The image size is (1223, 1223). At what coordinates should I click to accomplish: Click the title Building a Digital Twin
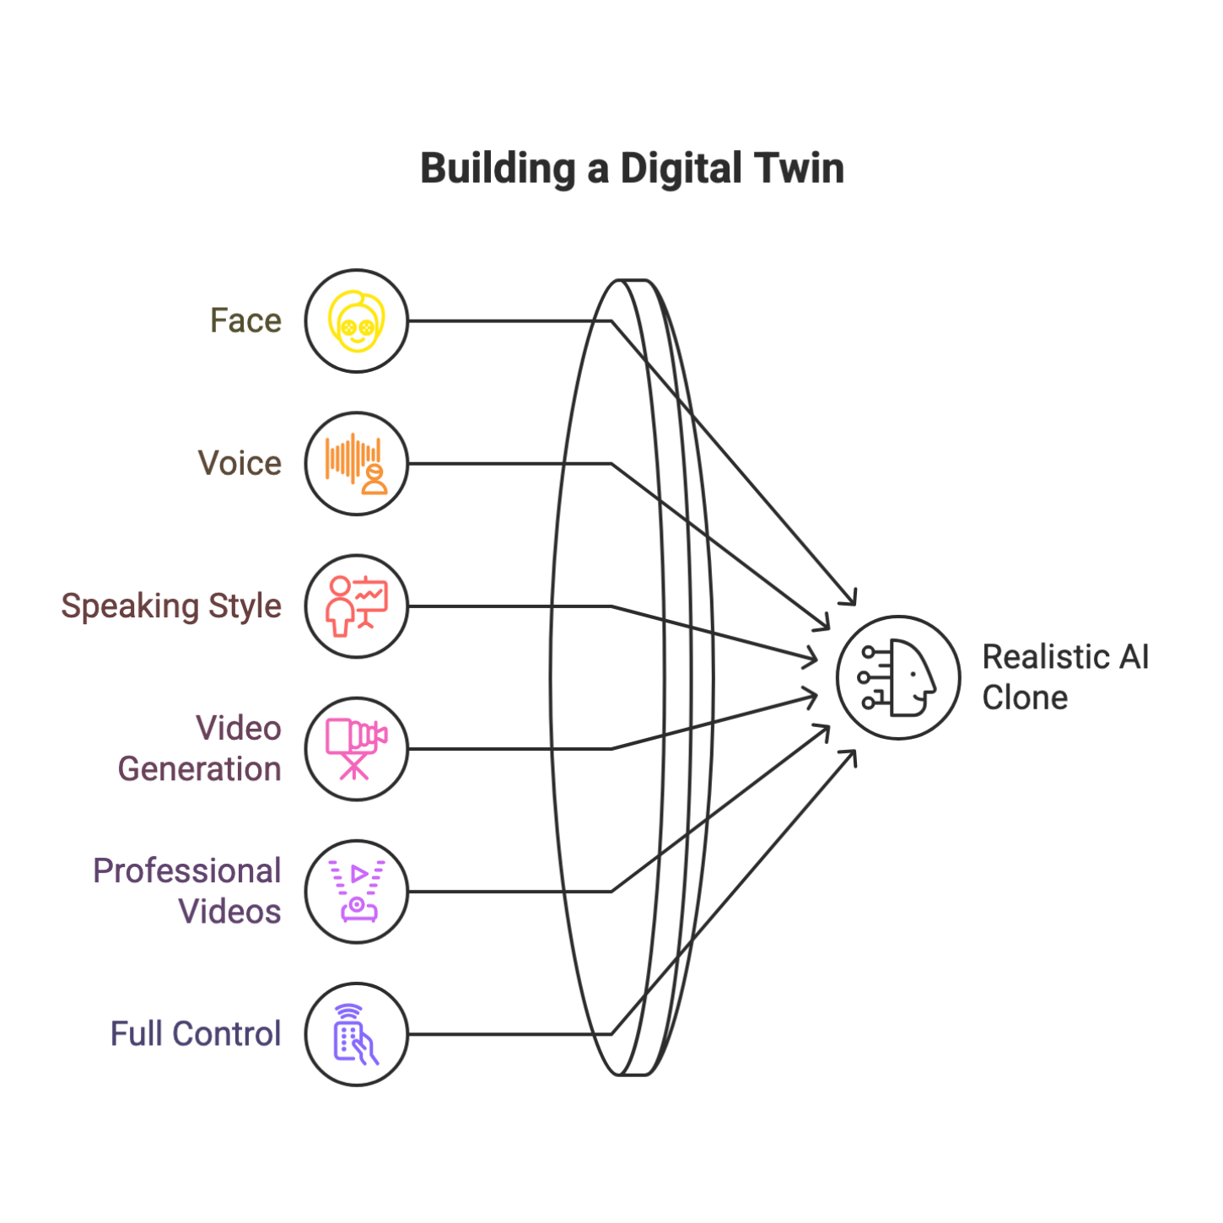tap(632, 169)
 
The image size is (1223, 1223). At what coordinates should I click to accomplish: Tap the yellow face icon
tap(357, 321)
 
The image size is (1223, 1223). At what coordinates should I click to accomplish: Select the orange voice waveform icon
tap(357, 464)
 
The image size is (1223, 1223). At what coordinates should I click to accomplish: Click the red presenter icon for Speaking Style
tap(357, 606)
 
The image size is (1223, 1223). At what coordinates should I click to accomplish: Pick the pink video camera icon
tap(357, 749)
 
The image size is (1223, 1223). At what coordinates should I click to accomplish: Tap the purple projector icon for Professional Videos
tap(357, 892)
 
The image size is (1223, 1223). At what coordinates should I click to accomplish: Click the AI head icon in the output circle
tap(898, 677)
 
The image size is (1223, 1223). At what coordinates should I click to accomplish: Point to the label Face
tap(245, 321)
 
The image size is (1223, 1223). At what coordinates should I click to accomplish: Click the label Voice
tap(240, 464)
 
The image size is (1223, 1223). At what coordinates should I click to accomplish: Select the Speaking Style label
tap(171, 606)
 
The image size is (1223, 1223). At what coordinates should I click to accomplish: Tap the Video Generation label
tap(200, 749)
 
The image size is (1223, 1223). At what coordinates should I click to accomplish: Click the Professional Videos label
tap(187, 892)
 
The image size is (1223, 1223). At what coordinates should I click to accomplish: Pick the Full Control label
tap(196, 1034)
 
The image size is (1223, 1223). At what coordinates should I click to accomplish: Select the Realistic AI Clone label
tap(1065, 677)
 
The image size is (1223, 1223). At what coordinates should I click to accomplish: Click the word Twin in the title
tap(800, 169)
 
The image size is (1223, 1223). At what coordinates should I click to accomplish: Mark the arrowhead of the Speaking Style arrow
tap(812, 658)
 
